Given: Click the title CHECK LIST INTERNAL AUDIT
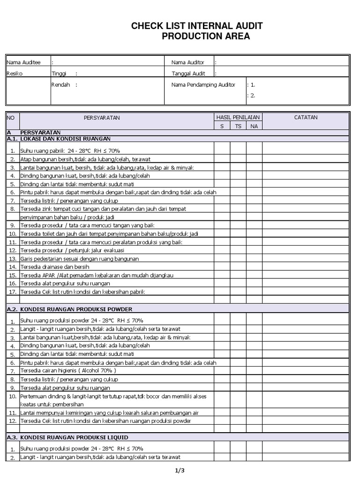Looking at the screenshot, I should pos(197,26).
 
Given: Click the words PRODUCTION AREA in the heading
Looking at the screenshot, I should pos(206,37).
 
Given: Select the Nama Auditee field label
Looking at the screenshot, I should pos(23,62).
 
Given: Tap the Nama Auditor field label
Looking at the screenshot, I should pos(187,62).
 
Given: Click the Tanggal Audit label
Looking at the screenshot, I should pos(188,74).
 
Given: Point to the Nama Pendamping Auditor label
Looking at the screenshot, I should pos(203,85).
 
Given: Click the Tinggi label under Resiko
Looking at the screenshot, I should pos(59,74).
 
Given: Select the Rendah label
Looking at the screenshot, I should pos(60,85).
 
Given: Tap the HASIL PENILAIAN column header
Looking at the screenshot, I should pos(238,117).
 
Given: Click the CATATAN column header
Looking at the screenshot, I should pos(306,118).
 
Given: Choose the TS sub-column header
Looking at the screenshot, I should pos(238,126).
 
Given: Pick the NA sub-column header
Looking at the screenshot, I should pos(254,126).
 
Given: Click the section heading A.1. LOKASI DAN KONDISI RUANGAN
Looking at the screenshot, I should pos(59,139).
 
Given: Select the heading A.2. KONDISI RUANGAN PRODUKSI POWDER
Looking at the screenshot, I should pos(69,309).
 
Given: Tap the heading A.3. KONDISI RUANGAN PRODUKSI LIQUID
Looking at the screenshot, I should pos(67,437).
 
